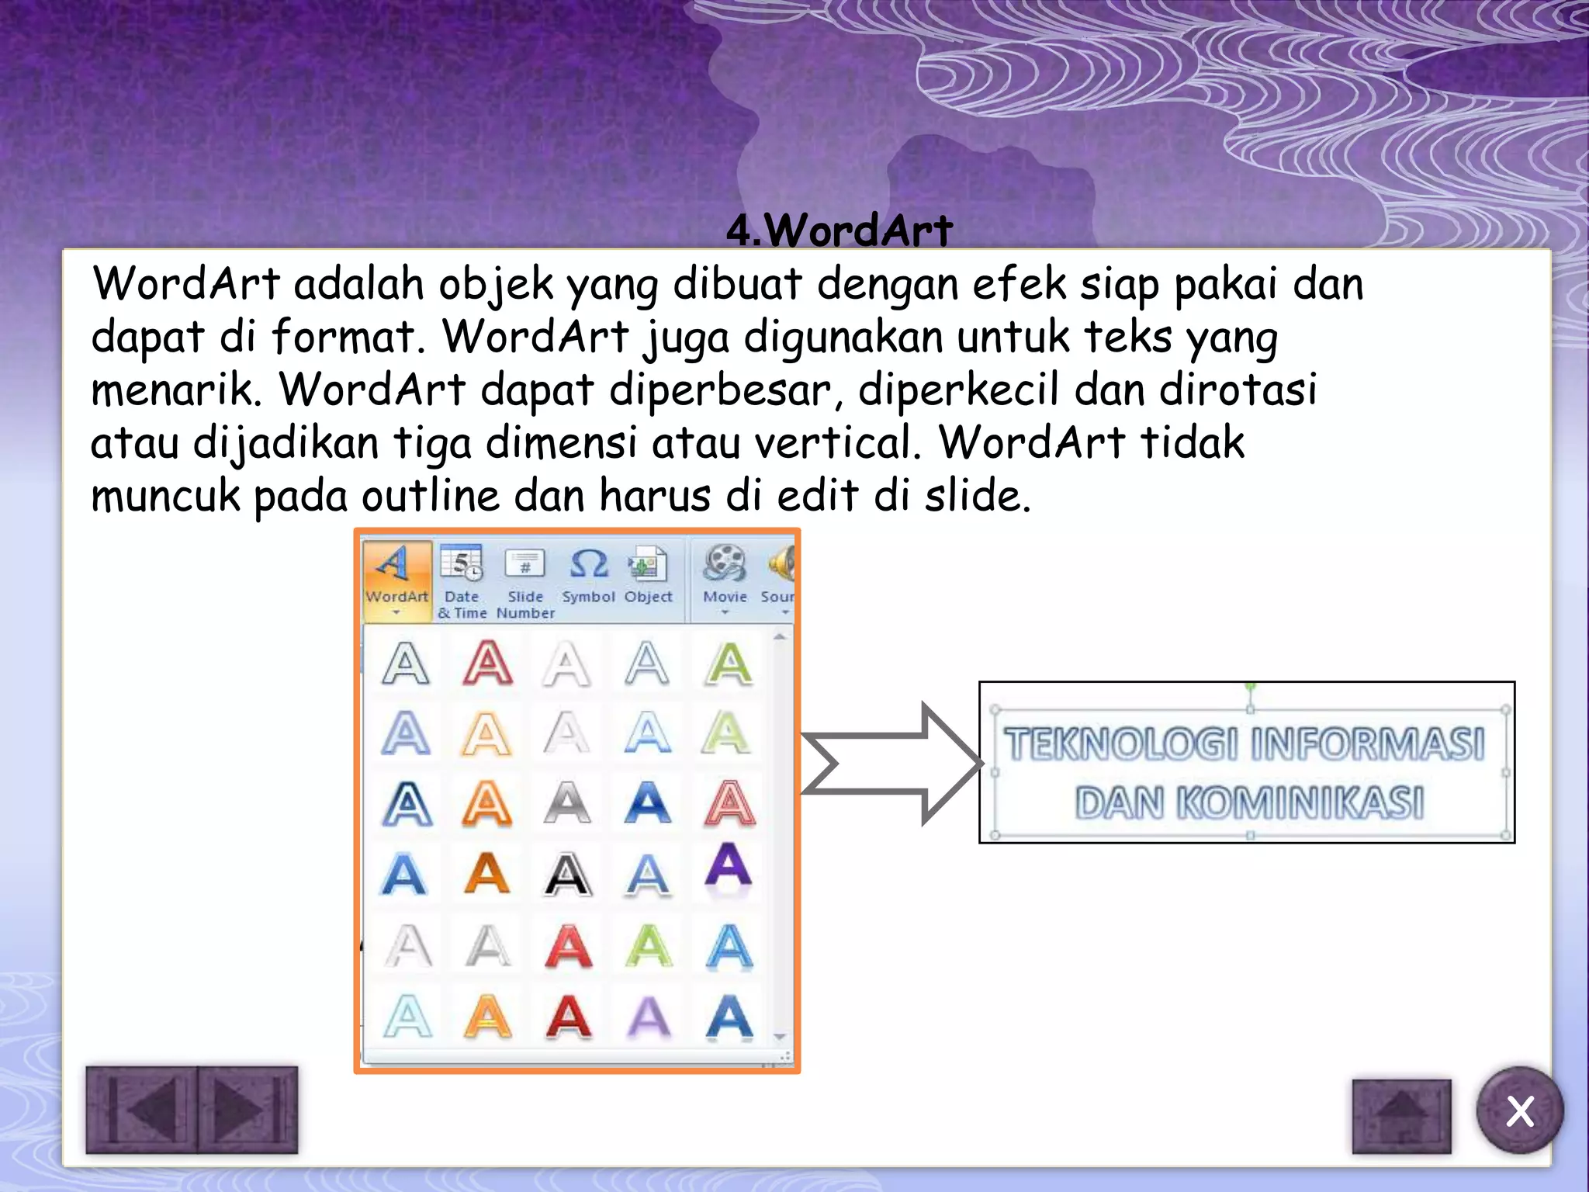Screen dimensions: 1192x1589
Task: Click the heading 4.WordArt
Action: [840, 230]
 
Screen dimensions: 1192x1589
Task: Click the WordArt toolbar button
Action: [396, 578]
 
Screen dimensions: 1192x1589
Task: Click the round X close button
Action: [1519, 1111]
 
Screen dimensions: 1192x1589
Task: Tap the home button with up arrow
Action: [1401, 1115]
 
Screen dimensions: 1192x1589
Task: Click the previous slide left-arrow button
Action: [142, 1109]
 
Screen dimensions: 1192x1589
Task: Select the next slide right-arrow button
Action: [248, 1109]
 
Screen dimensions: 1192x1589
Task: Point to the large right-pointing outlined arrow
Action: [890, 764]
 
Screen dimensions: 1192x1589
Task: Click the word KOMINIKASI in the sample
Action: [1300, 802]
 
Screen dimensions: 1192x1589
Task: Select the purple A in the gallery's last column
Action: [729, 867]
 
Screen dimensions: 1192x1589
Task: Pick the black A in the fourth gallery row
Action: [568, 875]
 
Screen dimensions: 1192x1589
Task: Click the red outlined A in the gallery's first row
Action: [487, 664]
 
